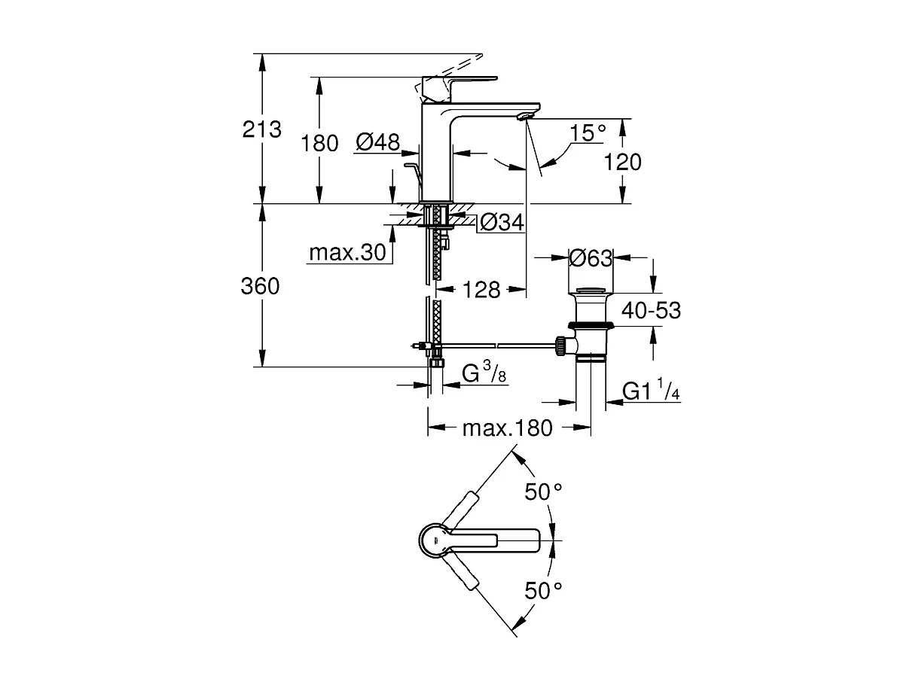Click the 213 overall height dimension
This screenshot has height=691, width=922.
click(x=261, y=129)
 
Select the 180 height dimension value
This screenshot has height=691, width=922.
click(x=320, y=143)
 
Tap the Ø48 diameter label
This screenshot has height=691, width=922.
click(x=377, y=142)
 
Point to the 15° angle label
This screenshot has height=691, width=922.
click(x=588, y=133)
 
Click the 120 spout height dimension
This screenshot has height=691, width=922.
click(x=622, y=161)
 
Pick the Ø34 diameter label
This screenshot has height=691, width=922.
click(x=502, y=222)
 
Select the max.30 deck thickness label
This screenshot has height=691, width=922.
click(x=347, y=252)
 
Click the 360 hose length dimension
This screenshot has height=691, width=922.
click(x=261, y=286)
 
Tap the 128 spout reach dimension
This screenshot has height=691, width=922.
click(x=482, y=290)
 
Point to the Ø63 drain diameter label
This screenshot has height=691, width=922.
click(x=590, y=258)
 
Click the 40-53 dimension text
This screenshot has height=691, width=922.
click(x=651, y=309)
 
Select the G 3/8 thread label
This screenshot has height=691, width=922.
click(x=483, y=373)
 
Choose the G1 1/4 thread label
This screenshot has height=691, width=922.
click(x=652, y=391)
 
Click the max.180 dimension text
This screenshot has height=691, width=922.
click(x=507, y=428)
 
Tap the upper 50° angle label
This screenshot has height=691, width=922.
click(x=544, y=492)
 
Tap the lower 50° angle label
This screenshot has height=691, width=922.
click(x=544, y=591)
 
